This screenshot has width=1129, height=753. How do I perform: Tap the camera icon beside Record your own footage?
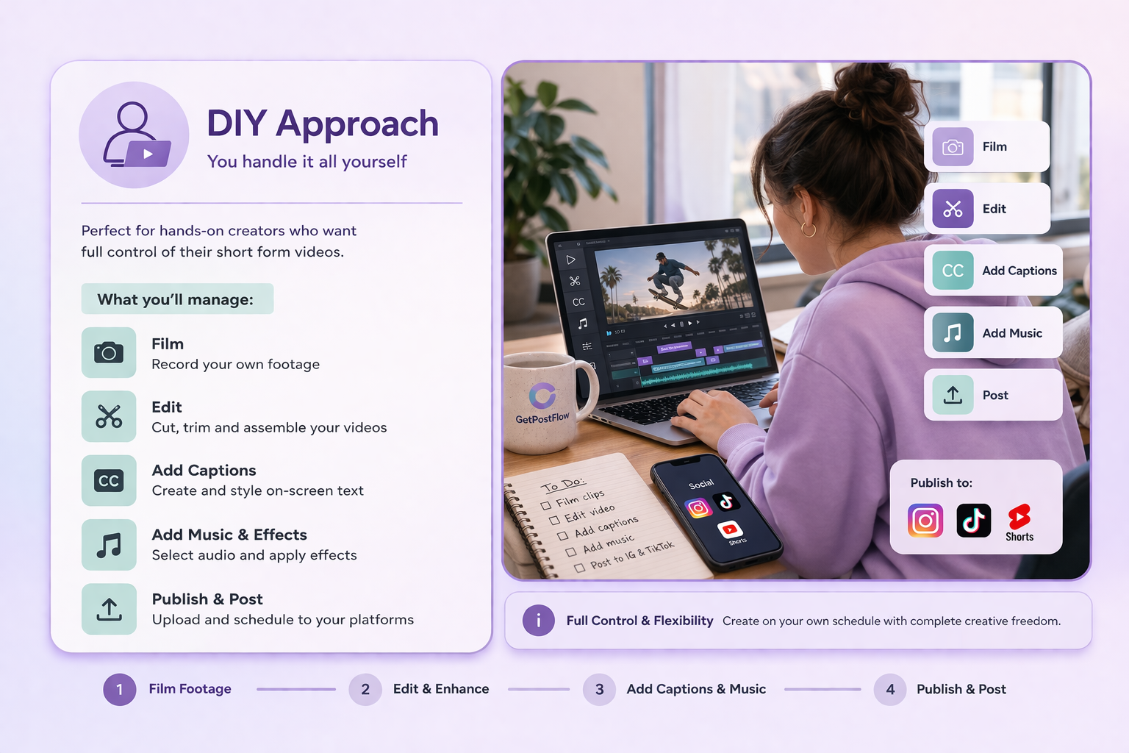[109, 353]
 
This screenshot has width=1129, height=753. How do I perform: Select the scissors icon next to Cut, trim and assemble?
[109, 416]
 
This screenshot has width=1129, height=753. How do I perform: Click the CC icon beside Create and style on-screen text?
[109, 481]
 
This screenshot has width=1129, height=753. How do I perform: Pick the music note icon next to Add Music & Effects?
[109, 545]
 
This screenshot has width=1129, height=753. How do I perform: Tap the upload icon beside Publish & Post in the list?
[109, 609]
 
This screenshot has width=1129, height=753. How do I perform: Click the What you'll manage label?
[176, 299]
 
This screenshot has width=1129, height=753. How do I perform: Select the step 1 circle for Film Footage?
[120, 690]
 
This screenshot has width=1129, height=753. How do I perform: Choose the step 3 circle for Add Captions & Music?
[599, 690]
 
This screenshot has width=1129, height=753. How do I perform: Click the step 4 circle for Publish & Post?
[890, 690]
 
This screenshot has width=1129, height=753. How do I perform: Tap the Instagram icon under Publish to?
[925, 521]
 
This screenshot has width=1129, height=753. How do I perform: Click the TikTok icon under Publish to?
[973, 521]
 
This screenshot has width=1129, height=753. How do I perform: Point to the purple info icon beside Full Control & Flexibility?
[538, 621]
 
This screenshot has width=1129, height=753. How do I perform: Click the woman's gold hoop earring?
[809, 229]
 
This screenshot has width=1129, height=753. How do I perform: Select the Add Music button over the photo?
[992, 333]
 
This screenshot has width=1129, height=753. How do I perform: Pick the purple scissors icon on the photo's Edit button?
[953, 209]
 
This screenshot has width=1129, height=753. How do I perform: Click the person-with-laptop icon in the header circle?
[135, 135]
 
